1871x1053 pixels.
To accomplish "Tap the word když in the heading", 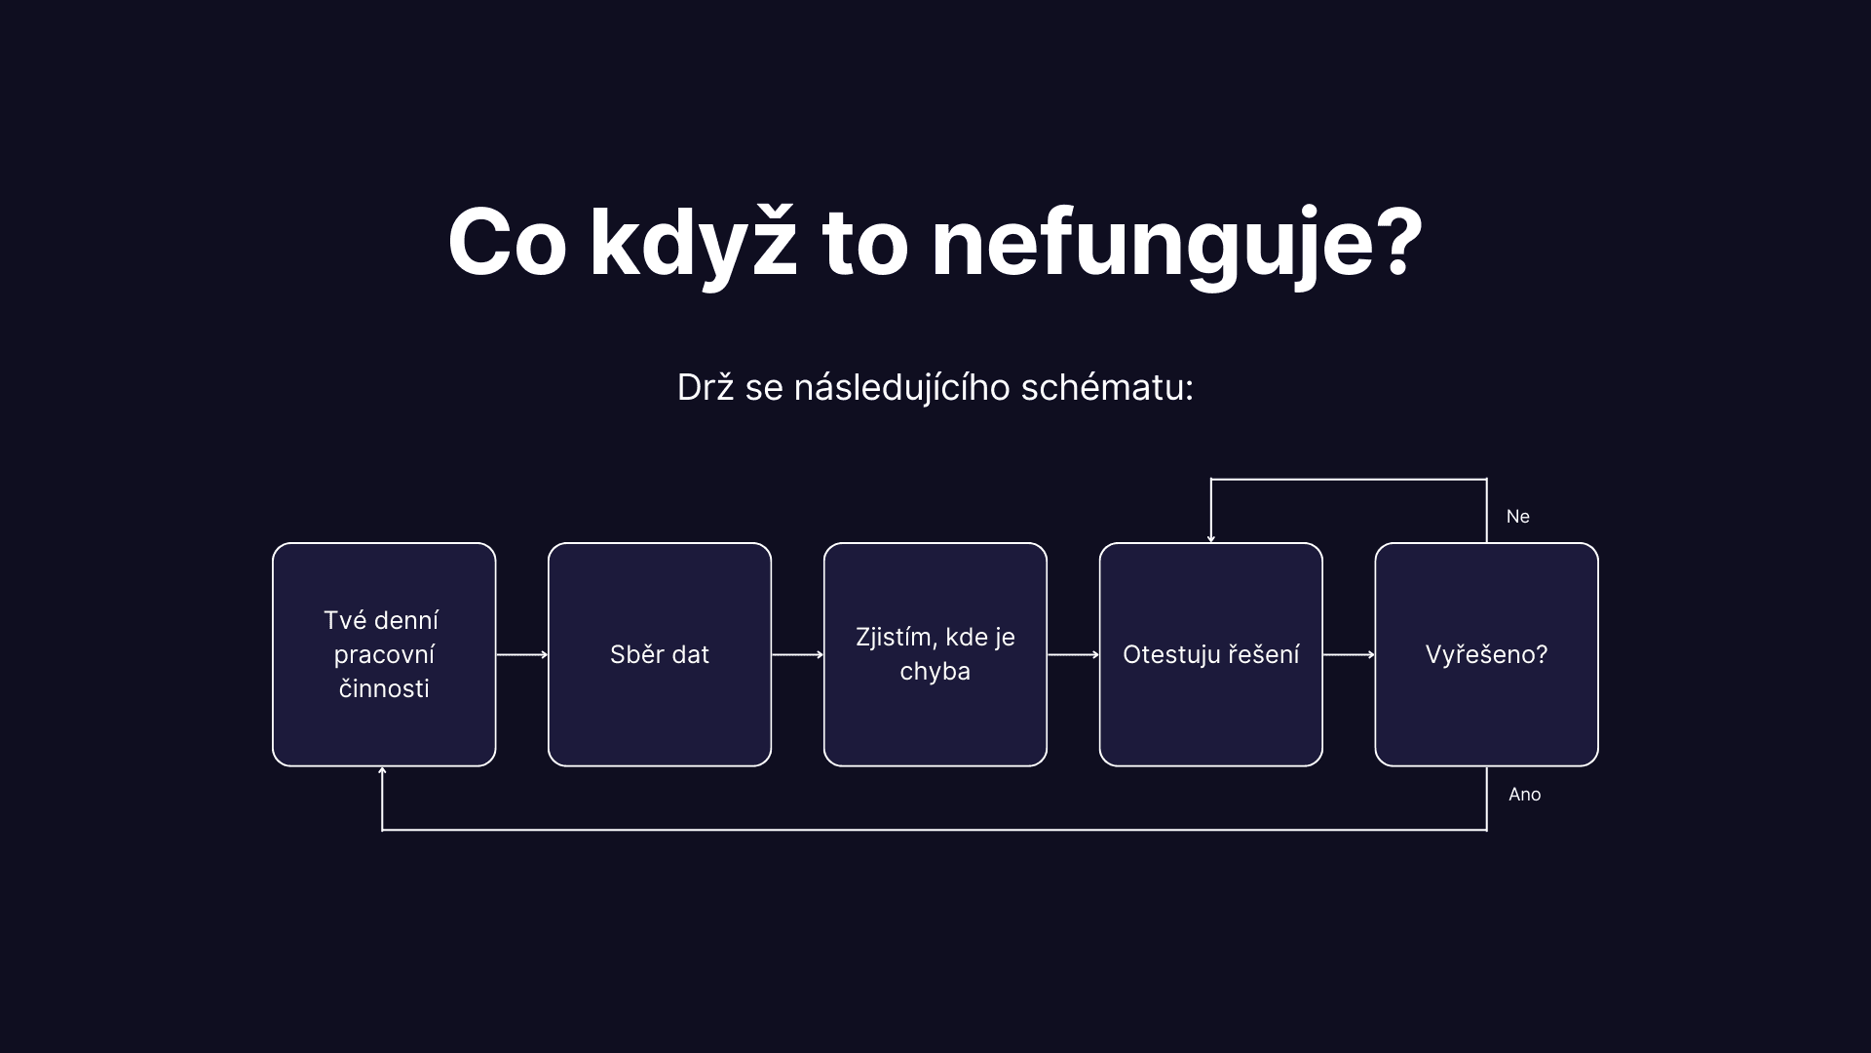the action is (693, 243).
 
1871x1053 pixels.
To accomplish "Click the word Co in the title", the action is (507, 243).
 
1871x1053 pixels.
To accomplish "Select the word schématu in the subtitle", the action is (1106, 387).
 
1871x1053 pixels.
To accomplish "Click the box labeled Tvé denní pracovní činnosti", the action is (384, 654).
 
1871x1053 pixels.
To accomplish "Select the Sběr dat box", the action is (660, 654).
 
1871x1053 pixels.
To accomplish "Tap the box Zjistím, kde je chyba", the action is (935, 654).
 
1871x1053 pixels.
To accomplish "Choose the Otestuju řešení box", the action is (1211, 654).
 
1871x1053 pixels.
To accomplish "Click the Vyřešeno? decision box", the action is (1487, 654).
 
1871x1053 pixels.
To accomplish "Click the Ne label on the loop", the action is (1517, 517).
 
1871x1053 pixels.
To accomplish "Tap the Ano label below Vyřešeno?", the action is (1524, 795).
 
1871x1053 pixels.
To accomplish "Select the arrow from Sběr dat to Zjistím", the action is (797, 655).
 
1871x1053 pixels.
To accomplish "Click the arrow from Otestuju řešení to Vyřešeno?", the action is (1349, 655).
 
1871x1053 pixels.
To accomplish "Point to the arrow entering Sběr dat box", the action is (522, 655).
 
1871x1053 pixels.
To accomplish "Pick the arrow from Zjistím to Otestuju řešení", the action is (1073, 655).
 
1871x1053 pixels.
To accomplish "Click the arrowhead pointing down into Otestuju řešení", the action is (1211, 537).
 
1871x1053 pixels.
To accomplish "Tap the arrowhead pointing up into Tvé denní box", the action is (382, 772).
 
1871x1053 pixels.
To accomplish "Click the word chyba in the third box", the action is (935, 672).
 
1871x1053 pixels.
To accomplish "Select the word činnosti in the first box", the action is (384, 688).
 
